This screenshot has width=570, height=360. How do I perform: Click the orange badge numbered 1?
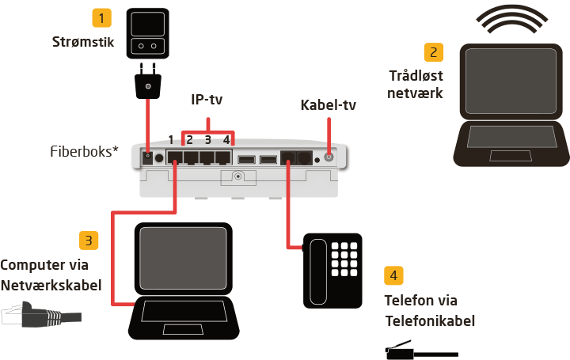101,17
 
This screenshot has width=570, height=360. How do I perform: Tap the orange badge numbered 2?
433,53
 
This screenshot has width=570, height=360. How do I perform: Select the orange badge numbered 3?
89,240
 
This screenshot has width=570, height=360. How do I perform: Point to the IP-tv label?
207,100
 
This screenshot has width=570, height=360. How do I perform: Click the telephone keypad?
345,259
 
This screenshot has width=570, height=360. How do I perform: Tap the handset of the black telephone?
317,269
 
